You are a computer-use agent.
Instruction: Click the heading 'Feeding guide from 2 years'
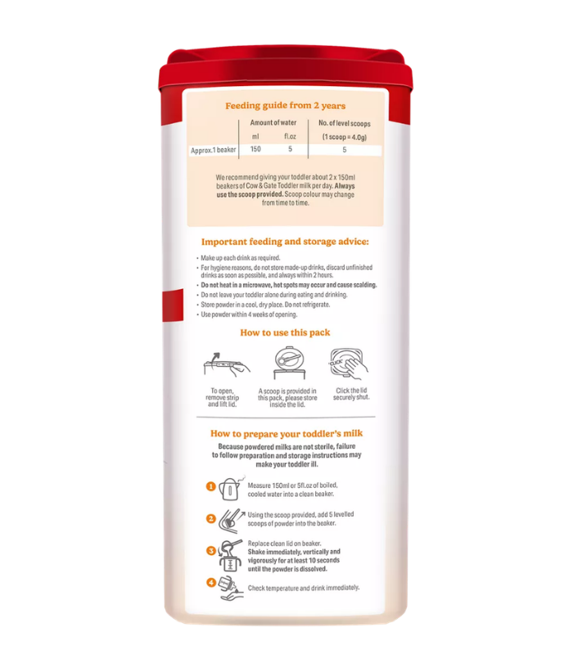coord(285,106)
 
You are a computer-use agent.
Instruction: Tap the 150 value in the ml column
coord(255,149)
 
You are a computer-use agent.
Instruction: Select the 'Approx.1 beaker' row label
coord(214,150)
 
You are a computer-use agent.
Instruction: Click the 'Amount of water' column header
coord(273,123)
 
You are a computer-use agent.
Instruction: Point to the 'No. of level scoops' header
coord(345,124)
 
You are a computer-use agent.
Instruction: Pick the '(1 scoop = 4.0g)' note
coord(345,137)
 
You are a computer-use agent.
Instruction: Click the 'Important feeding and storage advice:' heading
coord(285,242)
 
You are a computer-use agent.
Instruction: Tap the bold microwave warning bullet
coord(289,285)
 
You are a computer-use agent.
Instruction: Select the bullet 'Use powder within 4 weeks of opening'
coord(249,314)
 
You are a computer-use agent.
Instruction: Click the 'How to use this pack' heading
coord(285,332)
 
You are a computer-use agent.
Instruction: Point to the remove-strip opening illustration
coord(227,365)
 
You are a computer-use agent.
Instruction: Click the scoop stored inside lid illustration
coord(289,364)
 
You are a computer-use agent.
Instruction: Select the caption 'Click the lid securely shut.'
coord(351,394)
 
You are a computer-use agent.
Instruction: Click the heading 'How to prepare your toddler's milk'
coord(286,434)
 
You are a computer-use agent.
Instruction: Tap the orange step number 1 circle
coord(211,486)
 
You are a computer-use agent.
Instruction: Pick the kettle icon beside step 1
coord(230,489)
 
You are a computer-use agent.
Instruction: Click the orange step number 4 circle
coord(211,582)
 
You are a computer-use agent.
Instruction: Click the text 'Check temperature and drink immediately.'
coord(304,588)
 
